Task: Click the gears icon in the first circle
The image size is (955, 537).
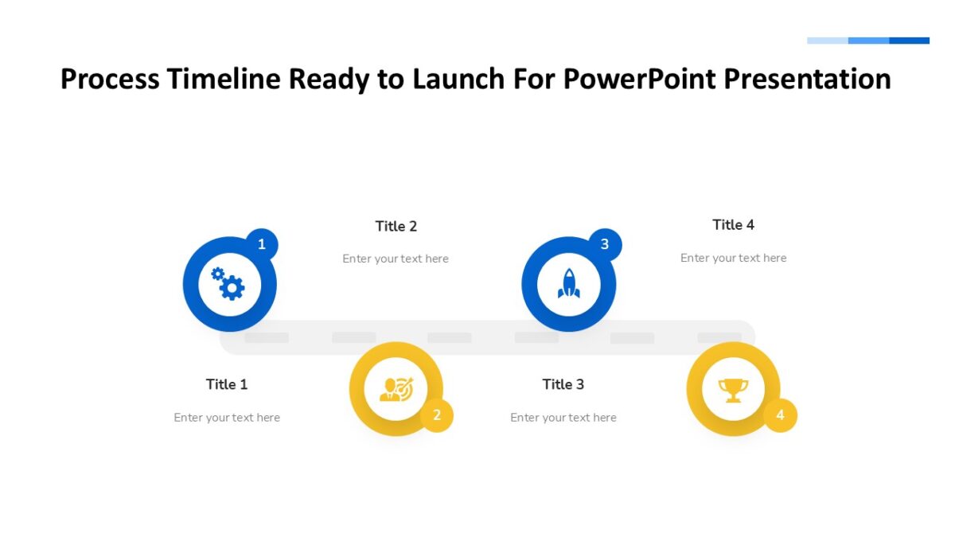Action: point(228,284)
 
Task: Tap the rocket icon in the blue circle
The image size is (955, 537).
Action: point(568,284)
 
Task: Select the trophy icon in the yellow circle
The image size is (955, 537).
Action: point(733,390)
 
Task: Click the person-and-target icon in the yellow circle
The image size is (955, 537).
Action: point(396,389)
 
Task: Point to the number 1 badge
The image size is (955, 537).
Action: point(262,244)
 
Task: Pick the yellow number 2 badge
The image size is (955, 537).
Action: point(436,415)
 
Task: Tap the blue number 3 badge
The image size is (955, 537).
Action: point(605,244)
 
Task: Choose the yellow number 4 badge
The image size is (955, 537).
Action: point(780,415)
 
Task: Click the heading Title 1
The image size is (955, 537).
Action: point(227,384)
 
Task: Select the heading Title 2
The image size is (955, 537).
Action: point(396,226)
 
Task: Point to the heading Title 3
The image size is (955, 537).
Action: point(563,384)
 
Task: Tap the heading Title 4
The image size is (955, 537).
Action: point(733,224)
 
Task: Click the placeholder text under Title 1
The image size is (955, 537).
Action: point(227,418)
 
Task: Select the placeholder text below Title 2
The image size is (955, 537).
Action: point(396,259)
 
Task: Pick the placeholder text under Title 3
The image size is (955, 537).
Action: point(563,418)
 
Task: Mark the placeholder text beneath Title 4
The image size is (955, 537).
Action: point(733,258)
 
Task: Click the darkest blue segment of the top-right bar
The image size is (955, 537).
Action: point(909,41)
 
